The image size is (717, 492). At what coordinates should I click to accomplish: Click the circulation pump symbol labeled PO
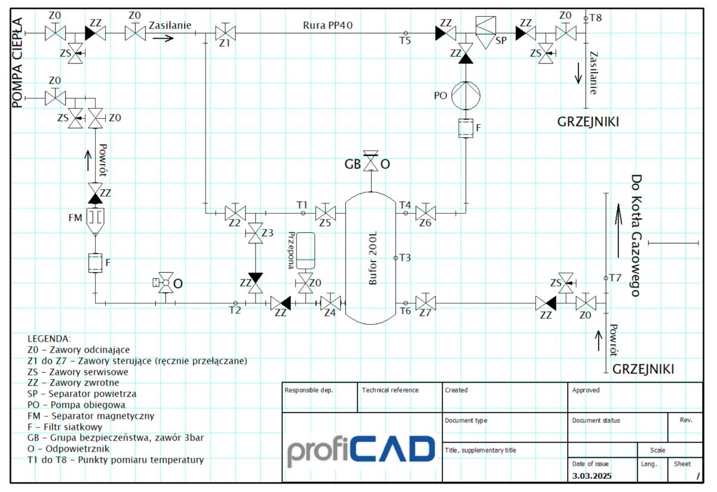(x=465, y=96)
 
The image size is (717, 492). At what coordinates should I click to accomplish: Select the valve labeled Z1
(x=225, y=32)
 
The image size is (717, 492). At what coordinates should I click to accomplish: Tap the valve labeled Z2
(x=235, y=213)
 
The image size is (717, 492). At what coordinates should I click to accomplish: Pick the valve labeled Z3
(x=255, y=233)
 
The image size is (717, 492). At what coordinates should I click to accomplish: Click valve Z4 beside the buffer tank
(x=330, y=303)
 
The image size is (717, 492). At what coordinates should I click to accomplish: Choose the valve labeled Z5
(x=326, y=213)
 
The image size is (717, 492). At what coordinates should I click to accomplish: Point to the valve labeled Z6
(x=425, y=213)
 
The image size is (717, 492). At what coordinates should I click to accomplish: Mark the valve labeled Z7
(x=425, y=303)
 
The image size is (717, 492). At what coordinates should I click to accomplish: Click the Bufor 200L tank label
(x=373, y=258)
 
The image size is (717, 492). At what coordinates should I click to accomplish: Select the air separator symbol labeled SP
(x=486, y=33)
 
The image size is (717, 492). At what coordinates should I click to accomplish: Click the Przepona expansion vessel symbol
(x=305, y=251)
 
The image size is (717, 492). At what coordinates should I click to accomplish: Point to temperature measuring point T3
(x=396, y=258)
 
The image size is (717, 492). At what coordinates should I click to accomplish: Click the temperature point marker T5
(x=406, y=33)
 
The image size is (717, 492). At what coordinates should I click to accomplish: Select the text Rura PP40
(x=327, y=25)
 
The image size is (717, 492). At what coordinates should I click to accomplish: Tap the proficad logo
(x=361, y=451)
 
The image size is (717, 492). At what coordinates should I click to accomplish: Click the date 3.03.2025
(x=592, y=476)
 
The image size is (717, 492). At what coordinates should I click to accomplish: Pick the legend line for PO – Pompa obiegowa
(x=76, y=405)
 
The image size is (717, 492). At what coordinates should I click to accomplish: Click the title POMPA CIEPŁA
(x=17, y=63)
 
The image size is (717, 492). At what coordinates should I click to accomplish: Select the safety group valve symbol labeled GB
(x=370, y=160)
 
